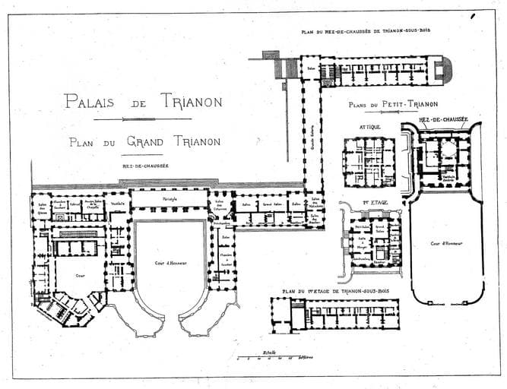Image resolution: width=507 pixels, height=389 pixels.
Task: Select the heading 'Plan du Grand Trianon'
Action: tap(144, 141)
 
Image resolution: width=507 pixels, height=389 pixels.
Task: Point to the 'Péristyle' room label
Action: tap(169, 199)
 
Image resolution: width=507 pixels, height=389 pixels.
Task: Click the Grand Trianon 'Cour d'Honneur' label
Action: tap(170, 263)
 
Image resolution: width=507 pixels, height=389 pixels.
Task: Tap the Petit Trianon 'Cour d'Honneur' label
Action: tap(445, 243)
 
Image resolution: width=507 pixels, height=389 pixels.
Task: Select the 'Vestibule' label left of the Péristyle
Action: tap(117, 204)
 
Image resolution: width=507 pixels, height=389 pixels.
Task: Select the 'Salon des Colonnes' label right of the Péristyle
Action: tap(218, 204)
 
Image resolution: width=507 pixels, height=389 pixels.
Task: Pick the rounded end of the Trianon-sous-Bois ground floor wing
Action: tap(446, 69)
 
